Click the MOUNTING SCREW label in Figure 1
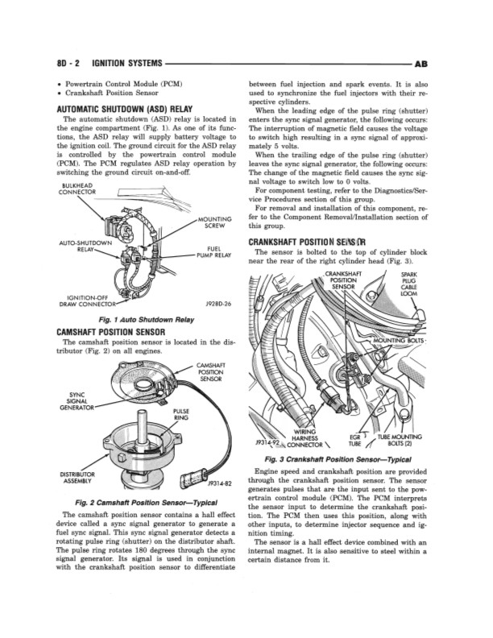click(213, 222)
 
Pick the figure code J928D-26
click(219, 304)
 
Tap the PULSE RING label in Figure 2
click(181, 414)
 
